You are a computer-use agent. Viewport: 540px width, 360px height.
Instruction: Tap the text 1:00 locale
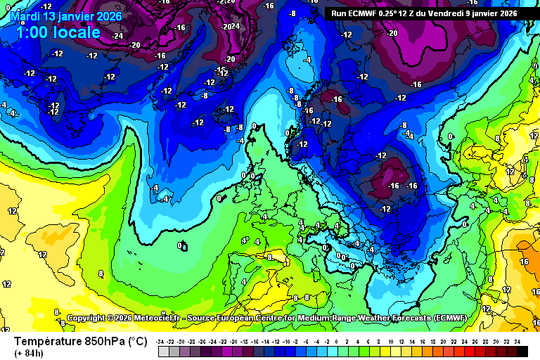[x=58, y=32]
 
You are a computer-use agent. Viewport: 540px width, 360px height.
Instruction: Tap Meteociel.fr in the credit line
[x=156, y=319]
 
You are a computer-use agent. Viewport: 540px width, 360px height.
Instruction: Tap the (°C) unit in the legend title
[x=138, y=341]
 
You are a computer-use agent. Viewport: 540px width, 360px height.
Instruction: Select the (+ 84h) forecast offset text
[x=29, y=352]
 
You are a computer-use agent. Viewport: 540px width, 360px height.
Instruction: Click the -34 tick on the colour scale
[x=162, y=341]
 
